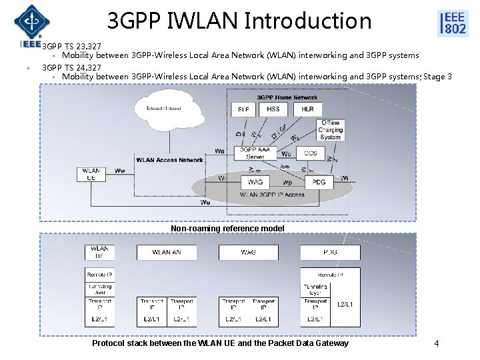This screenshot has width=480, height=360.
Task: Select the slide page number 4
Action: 436,343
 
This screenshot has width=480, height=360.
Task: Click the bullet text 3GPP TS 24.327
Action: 72,67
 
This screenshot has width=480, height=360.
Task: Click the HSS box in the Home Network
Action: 273,108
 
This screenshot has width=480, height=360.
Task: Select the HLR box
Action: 307,108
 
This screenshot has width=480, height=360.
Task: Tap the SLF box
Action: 243,108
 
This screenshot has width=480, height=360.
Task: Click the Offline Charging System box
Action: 331,130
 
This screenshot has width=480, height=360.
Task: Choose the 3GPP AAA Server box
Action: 255,153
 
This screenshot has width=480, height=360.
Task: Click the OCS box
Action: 311,153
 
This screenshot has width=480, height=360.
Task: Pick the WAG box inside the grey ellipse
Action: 255,181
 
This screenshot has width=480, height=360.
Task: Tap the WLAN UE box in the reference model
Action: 92,174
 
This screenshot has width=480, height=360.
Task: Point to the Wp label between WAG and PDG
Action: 287,181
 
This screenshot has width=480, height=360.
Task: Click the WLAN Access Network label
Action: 169,160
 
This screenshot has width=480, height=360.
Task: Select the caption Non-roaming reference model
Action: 227,229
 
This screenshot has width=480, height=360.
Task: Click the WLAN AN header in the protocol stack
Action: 166,252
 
